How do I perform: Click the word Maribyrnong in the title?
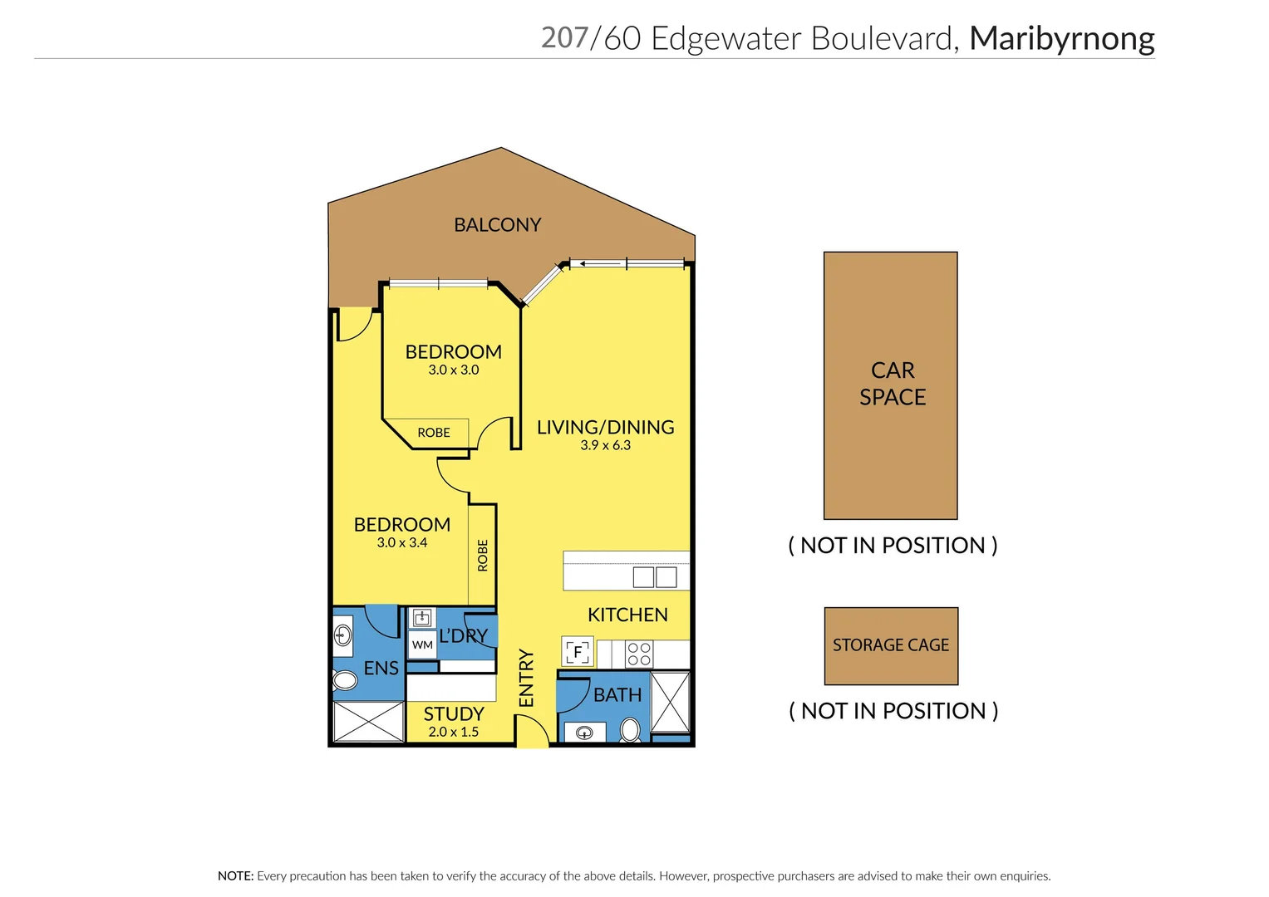(1061, 39)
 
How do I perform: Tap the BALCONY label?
(497, 225)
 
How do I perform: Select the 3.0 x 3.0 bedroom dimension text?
(453, 370)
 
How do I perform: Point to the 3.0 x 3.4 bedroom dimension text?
(401, 543)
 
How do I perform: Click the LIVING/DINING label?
(605, 428)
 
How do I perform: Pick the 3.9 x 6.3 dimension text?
(605, 446)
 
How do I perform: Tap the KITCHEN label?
(627, 615)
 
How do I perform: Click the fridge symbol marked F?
(578, 652)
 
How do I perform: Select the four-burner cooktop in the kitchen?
(639, 654)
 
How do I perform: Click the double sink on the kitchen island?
(655, 577)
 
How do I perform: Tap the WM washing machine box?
(422, 645)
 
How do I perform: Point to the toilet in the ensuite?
(344, 682)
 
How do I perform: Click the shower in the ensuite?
(368, 721)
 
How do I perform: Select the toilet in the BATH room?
(630, 730)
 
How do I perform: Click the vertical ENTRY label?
(526, 679)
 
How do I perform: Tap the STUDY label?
(453, 714)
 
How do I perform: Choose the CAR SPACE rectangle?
(890, 385)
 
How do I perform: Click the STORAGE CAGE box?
(891, 645)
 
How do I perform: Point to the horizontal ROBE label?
(434, 433)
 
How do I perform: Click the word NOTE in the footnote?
(234, 876)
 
